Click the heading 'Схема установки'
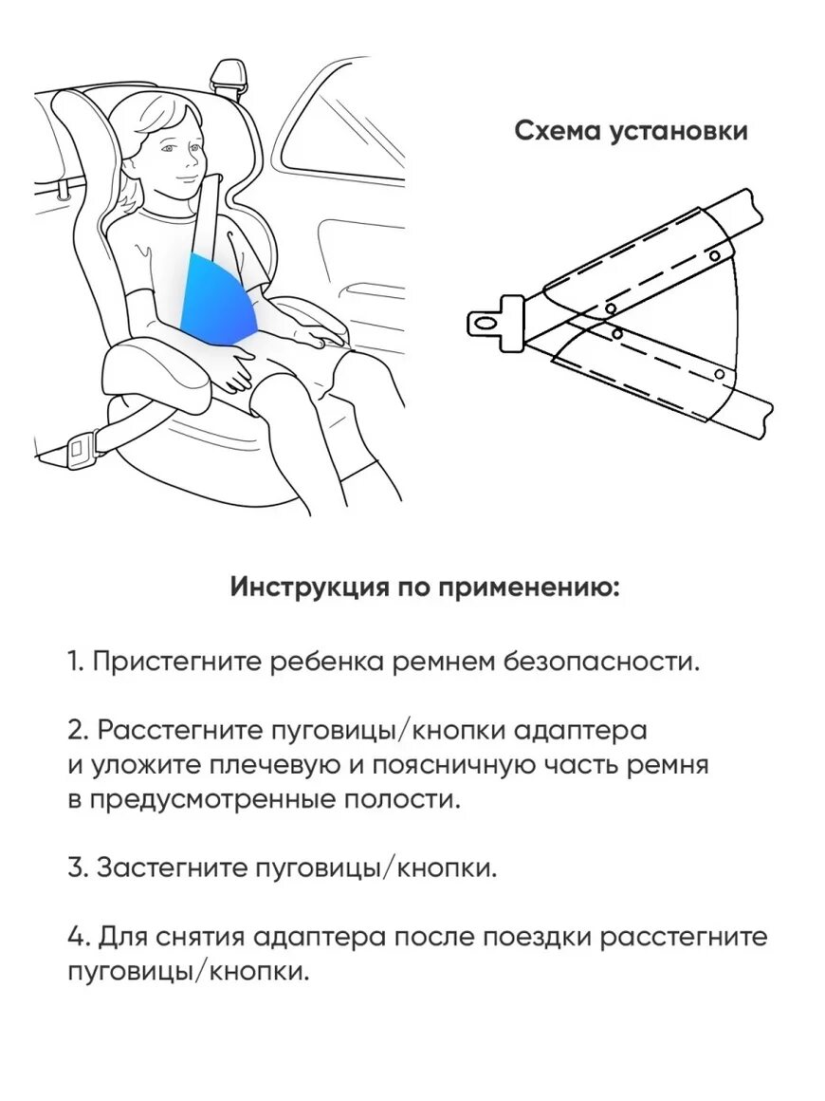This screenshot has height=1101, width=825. click(631, 131)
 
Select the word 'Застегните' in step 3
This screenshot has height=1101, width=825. click(173, 868)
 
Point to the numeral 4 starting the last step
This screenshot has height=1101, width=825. click(76, 938)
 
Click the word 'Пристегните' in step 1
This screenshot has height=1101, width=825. click(177, 661)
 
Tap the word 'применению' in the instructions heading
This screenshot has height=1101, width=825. click(529, 588)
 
